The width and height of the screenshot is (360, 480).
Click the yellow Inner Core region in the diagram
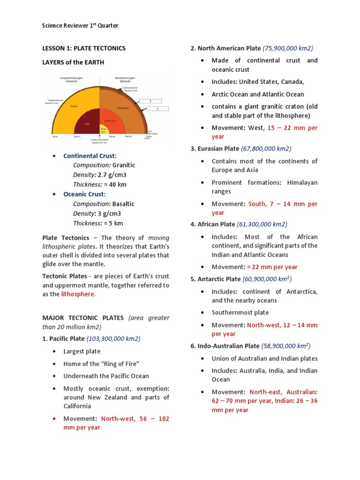point(103,127)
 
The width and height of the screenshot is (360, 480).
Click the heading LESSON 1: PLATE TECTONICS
point(84,48)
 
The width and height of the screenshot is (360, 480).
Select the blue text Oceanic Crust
point(84,194)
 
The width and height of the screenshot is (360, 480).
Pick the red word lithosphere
point(78,294)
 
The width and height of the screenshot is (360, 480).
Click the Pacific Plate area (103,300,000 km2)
point(113,338)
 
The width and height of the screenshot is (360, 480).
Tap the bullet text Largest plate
point(82,352)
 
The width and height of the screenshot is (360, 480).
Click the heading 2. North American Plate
point(225,48)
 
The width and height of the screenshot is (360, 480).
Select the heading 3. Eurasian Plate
point(215,149)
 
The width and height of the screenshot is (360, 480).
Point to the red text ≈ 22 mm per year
point(272,267)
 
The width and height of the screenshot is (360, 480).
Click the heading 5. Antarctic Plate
point(216,279)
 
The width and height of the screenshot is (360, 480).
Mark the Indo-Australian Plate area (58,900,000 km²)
point(285,346)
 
